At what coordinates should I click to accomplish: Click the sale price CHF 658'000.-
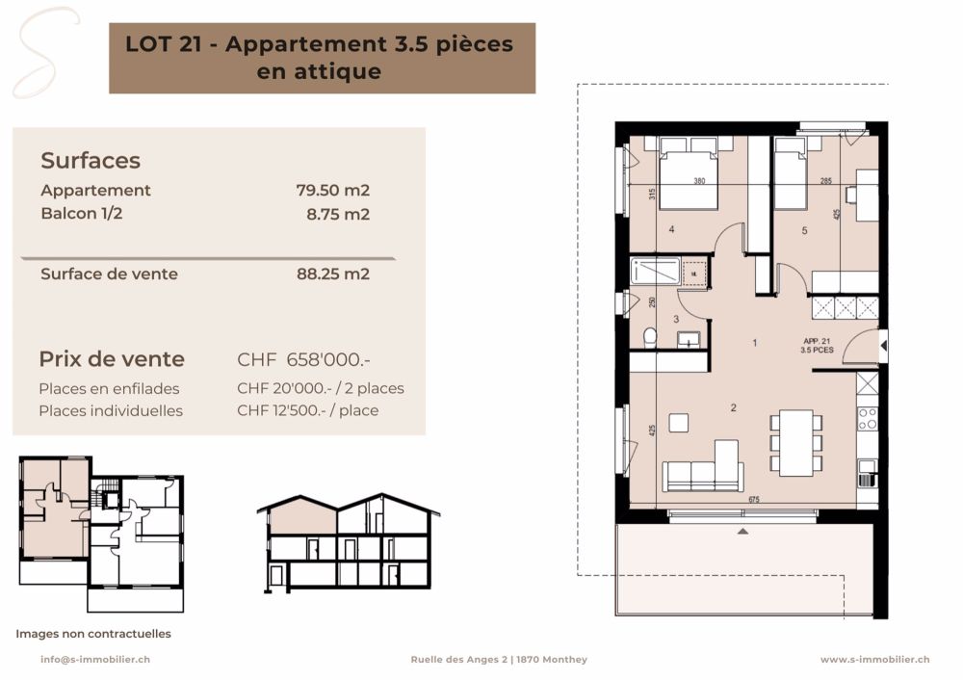pos(304,360)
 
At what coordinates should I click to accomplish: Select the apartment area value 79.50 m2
pos(332,191)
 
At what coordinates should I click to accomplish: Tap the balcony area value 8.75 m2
pos(337,214)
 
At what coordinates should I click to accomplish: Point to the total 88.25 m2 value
pos(332,274)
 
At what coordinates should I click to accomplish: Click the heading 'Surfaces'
pos(91,161)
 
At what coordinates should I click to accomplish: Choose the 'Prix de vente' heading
pos(112,359)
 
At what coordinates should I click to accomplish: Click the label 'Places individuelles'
pos(111,410)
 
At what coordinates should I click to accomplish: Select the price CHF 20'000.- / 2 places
pos(320,388)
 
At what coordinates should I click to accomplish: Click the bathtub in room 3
pos(653,273)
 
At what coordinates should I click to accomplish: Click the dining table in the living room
pos(796,442)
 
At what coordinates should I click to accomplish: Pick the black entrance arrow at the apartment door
pos(883,345)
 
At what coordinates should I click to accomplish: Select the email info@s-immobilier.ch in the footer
pos(94,660)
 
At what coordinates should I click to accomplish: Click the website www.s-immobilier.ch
pos(874,660)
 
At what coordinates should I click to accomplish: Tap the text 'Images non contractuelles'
pos(93,634)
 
